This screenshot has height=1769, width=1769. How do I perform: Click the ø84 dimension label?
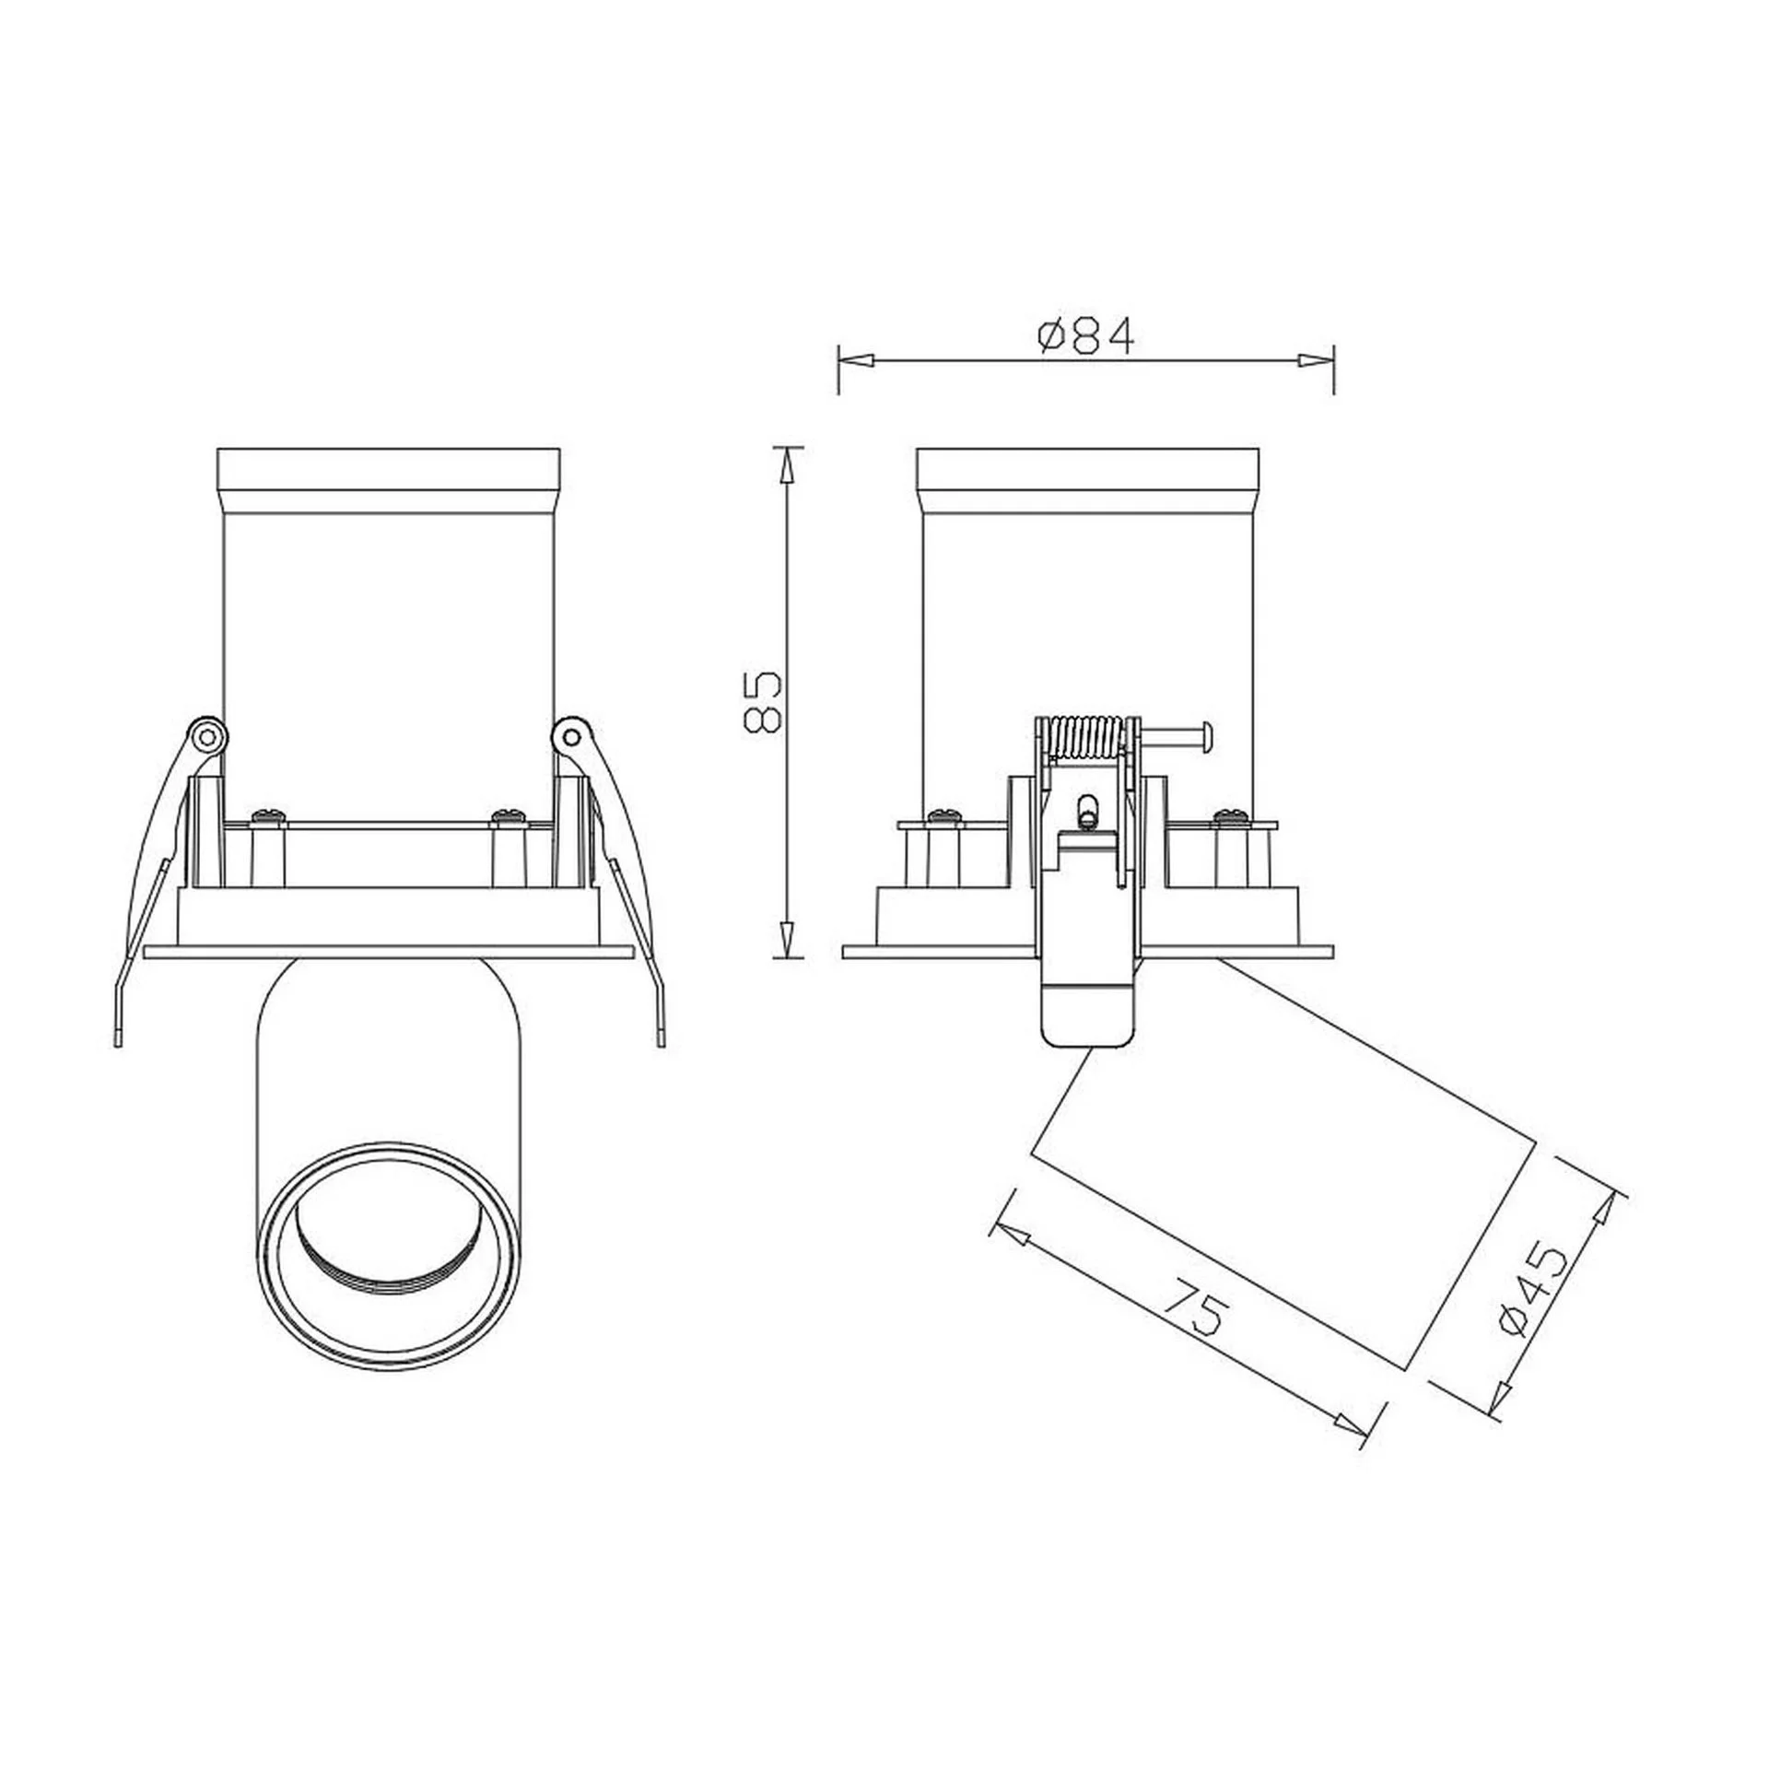[x=1085, y=336]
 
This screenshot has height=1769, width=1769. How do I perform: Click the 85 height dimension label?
[x=763, y=702]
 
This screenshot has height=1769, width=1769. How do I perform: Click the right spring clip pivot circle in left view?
[x=572, y=735]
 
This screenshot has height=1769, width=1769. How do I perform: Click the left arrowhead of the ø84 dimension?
[x=853, y=360]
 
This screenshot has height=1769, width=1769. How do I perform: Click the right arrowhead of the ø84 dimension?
[x=1318, y=360]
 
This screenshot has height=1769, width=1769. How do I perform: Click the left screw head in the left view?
[x=267, y=814]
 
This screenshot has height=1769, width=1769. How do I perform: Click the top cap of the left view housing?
[x=388, y=469]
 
